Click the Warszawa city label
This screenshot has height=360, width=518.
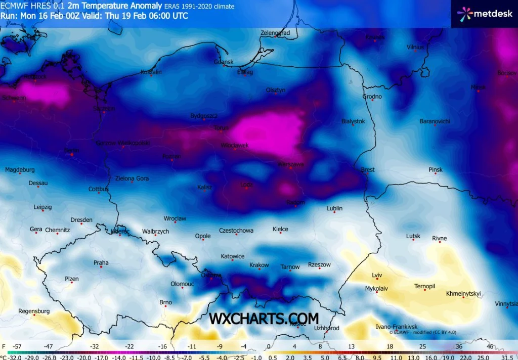point(290,164)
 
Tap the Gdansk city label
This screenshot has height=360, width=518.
point(224,62)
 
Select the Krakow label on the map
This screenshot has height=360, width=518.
point(259,265)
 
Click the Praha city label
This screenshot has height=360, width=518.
point(101,262)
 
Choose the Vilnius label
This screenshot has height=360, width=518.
point(415,47)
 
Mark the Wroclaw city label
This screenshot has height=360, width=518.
point(175,218)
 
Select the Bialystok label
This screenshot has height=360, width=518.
point(353,121)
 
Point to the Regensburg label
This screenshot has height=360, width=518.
point(34,311)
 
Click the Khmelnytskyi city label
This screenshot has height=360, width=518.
point(463,293)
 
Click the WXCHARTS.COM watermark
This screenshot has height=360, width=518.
point(264,318)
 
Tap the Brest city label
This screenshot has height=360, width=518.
point(368,169)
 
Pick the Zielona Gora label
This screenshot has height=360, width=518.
point(132,178)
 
